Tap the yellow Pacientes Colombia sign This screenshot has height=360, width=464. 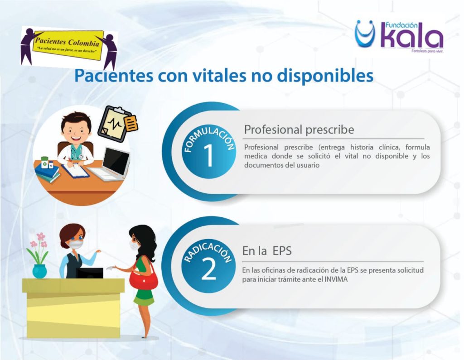pos(68,45)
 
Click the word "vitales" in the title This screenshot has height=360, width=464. pos(219,76)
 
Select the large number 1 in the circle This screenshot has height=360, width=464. pos(208,155)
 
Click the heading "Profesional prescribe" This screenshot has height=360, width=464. pos(299,130)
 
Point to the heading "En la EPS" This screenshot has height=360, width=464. pos(267,251)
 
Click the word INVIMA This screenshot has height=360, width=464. pos(336,279)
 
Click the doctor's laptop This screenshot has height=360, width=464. pos(110,164)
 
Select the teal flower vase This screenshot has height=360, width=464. pos(39,271)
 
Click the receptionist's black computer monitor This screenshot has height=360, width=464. pos(90,273)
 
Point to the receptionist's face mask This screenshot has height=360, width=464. pos(76,244)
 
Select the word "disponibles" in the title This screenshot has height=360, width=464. pos(325,76)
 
